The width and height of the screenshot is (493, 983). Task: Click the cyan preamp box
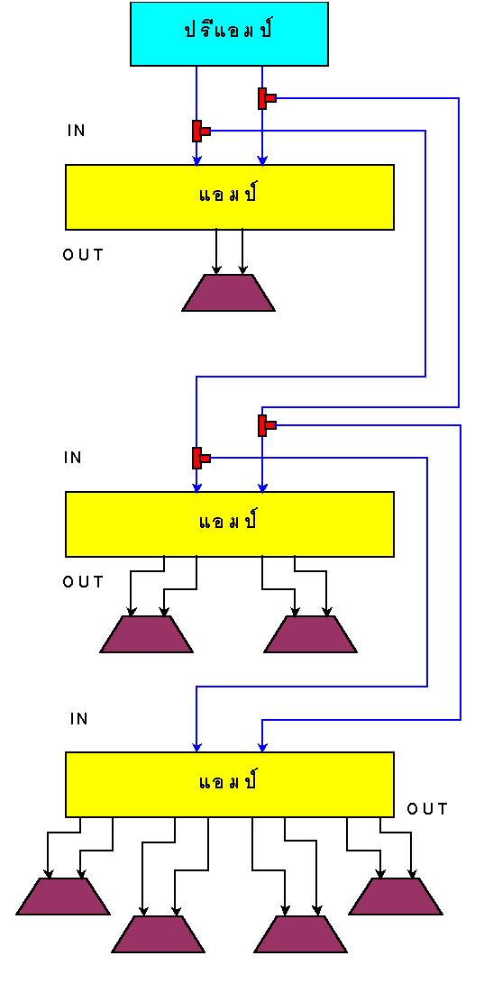(229, 34)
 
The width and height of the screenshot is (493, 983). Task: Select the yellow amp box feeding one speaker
(230, 196)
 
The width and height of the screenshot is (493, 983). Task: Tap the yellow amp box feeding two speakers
(230, 523)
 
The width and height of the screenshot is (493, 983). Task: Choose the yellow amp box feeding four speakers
(230, 784)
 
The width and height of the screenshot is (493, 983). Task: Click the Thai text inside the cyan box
(228, 32)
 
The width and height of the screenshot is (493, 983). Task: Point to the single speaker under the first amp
(228, 293)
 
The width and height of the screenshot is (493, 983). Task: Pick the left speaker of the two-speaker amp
(146, 633)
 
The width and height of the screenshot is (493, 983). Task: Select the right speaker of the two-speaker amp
(310, 633)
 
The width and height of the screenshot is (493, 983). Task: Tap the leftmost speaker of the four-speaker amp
(63, 896)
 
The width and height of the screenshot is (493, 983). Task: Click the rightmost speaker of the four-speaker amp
(396, 896)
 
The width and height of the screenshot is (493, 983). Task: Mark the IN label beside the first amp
(77, 131)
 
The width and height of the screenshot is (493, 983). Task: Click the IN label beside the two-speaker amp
(73, 458)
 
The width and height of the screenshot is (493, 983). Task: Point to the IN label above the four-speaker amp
(79, 719)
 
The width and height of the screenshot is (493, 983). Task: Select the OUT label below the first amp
(83, 255)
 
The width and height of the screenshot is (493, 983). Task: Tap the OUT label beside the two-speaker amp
(83, 582)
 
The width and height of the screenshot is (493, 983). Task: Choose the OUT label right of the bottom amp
(428, 809)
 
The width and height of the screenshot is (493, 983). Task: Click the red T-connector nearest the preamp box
(265, 98)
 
